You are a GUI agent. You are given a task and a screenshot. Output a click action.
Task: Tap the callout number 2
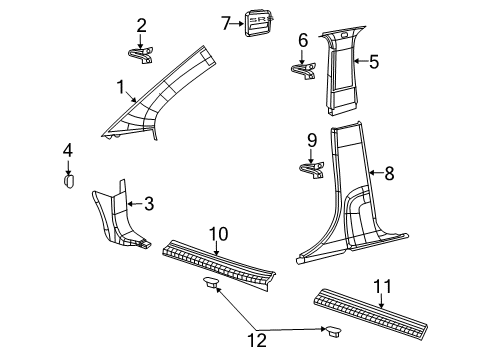(141, 25)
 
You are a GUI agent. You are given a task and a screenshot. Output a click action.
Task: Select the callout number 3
(148, 205)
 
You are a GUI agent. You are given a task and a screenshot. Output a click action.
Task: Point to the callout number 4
(67, 150)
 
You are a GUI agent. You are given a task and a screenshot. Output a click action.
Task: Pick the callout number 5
(373, 62)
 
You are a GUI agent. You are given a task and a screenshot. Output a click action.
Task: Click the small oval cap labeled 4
(70, 180)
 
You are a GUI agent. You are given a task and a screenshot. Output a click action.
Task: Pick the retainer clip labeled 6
(304, 70)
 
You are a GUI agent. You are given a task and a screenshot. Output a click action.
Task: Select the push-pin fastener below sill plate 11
(332, 331)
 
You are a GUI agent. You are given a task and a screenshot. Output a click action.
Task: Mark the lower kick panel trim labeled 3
(120, 218)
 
